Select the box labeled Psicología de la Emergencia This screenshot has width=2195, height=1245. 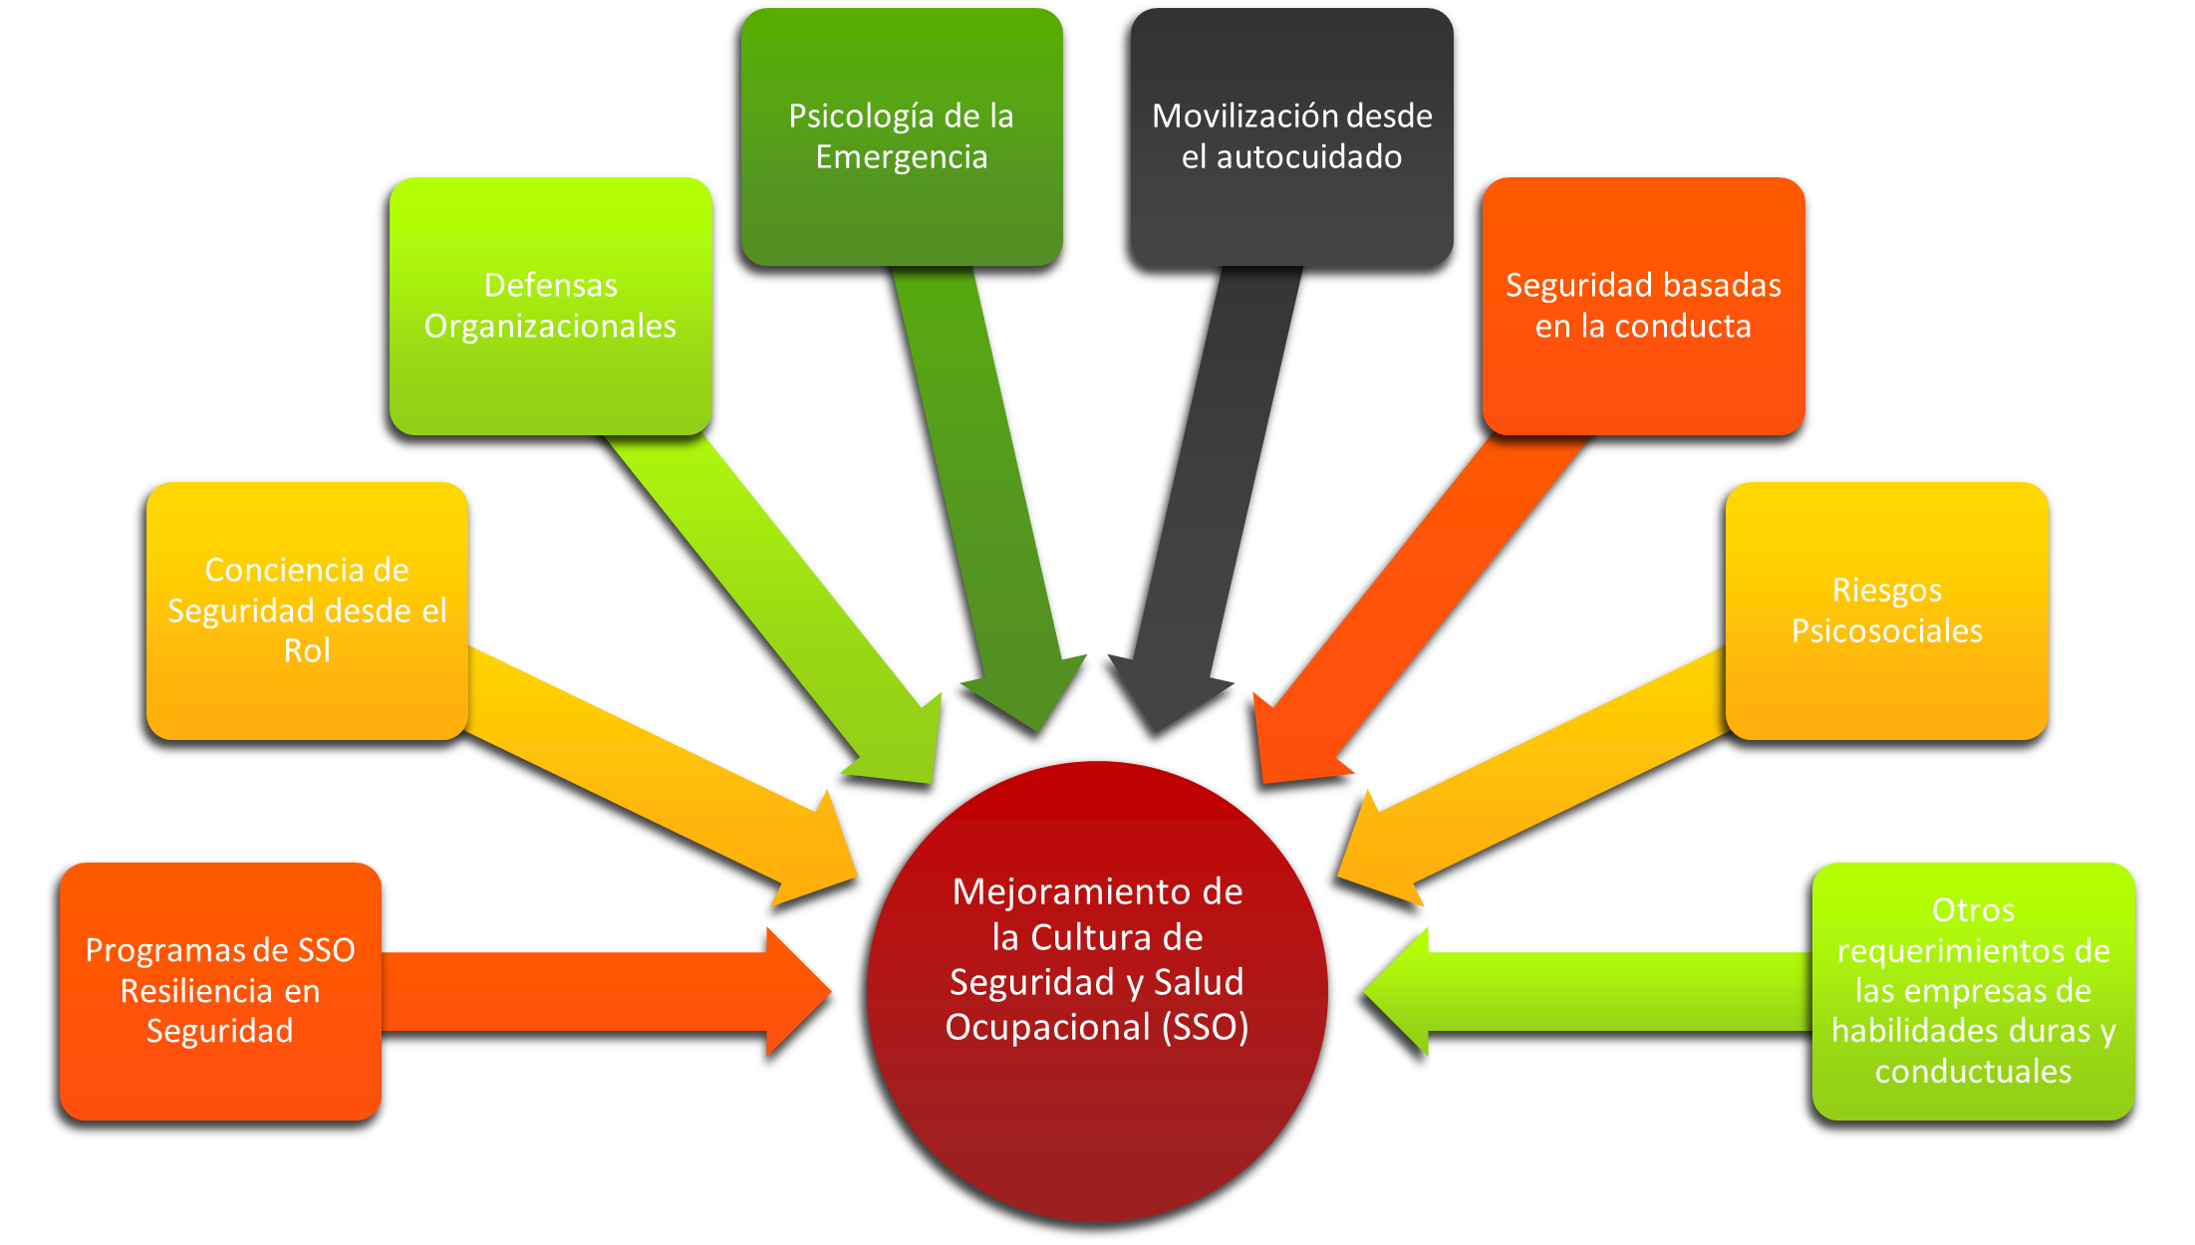click(x=902, y=136)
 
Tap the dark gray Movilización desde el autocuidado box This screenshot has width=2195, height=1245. click(x=1291, y=136)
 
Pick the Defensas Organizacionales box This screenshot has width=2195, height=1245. click(x=550, y=306)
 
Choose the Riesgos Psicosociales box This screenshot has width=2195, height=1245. click(x=1886, y=610)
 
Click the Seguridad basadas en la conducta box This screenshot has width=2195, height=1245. click(x=1643, y=306)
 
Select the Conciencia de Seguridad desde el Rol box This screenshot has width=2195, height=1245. click(x=307, y=610)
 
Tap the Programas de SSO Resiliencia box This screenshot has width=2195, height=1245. click(x=220, y=990)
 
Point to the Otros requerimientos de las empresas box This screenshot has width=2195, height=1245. click(x=1973, y=990)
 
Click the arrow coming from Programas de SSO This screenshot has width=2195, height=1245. click(x=598, y=991)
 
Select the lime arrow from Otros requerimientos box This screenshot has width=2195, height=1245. click(x=1594, y=991)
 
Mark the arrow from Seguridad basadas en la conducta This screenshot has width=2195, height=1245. click(x=1425, y=598)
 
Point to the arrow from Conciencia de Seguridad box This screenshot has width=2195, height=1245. click(x=648, y=777)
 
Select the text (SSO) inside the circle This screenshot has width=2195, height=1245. click(x=1205, y=1027)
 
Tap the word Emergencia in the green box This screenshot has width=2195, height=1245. click(x=902, y=157)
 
